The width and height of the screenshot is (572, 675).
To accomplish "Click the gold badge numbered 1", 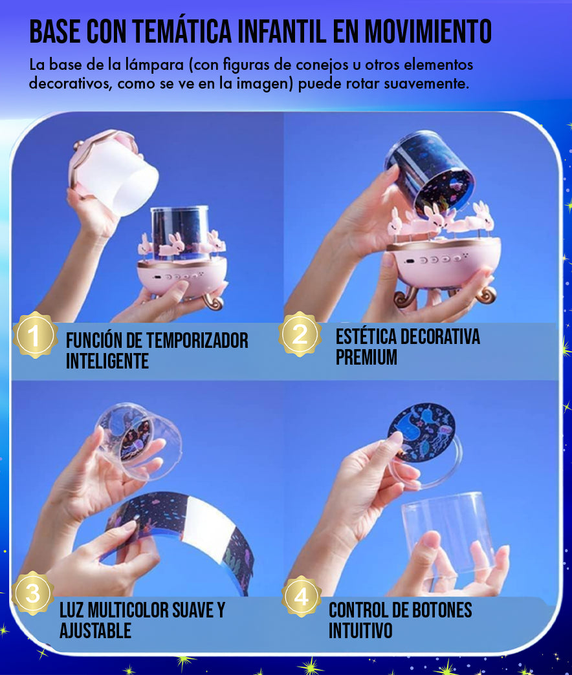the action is tap(35, 336).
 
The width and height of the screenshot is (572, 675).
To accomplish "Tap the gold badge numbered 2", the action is tap(300, 334).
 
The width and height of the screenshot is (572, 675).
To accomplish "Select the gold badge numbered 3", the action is tap(33, 593).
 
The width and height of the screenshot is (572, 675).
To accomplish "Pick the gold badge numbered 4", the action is tap(301, 597).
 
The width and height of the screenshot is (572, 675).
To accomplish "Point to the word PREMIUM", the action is tap(366, 357).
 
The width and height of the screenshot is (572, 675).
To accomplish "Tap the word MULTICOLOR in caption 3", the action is tap(125, 610).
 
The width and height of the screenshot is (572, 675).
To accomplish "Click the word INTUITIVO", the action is tap(360, 630).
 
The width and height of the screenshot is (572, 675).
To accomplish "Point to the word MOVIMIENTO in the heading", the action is tap(428, 31).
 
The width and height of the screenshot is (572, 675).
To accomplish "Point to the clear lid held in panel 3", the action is tap(137, 441).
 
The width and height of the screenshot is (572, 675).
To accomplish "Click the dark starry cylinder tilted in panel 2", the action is tap(430, 171).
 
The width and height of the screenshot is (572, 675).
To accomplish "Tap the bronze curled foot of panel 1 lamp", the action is tap(212, 299).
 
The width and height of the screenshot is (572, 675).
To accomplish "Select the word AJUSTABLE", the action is tap(96, 630).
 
